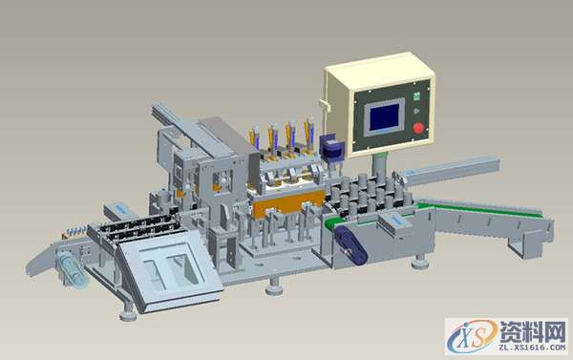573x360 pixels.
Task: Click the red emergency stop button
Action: (418, 128)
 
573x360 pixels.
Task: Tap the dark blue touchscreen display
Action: (385, 116)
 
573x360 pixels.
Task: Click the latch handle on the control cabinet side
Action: (324, 105)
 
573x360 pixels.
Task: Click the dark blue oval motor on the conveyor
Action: (351, 244)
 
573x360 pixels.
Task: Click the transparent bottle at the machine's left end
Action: (74, 268)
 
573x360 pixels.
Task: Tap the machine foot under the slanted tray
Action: (128, 313)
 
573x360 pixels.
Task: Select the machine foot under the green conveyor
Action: (420, 262)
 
